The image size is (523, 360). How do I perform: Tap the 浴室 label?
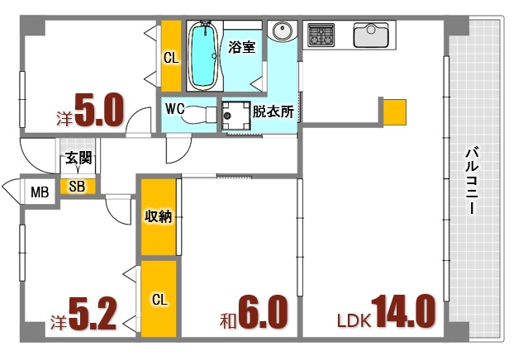click(x=241, y=47)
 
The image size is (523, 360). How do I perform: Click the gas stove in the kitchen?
click(x=321, y=36)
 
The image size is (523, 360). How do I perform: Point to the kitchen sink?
click(x=371, y=36)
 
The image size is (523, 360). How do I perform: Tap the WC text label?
click(x=175, y=108)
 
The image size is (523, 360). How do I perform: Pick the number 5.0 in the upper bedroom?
click(x=100, y=111)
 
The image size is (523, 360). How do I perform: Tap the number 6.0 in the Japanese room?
click(x=263, y=313)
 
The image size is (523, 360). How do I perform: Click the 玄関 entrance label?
click(x=79, y=159)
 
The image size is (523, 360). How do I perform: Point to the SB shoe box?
click(x=77, y=187)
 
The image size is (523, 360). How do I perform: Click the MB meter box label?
click(x=39, y=193)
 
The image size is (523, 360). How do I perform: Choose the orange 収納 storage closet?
click(x=158, y=217)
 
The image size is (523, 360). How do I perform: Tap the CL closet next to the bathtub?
click(x=170, y=57)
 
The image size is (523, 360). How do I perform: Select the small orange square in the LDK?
click(x=394, y=110)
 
